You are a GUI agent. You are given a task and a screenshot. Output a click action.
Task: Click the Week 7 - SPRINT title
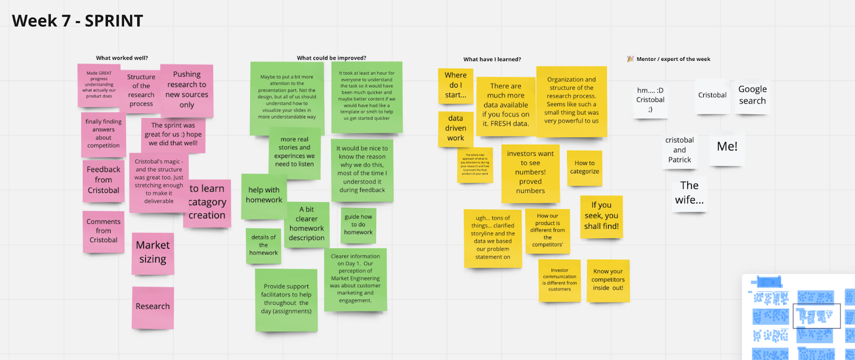[77, 21]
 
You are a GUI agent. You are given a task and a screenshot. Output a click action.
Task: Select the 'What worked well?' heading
[122, 58]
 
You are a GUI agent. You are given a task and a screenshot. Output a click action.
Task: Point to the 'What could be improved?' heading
[331, 58]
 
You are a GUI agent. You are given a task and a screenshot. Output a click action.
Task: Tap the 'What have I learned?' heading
[492, 59]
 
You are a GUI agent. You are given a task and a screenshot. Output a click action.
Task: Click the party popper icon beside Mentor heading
[630, 59]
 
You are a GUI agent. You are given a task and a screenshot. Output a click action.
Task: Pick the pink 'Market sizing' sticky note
[153, 253]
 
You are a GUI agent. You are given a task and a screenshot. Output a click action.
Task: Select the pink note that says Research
[153, 307]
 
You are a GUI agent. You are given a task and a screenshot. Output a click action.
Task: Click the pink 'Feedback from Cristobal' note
[103, 180]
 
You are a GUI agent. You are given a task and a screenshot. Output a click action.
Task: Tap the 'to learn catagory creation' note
[207, 203]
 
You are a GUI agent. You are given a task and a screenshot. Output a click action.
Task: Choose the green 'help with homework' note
[263, 195]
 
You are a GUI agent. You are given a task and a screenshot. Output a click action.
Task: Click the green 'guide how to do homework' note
[358, 225]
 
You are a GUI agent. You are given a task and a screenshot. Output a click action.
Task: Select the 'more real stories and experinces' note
[294, 152]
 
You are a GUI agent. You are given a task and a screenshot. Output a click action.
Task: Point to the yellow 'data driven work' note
[455, 128]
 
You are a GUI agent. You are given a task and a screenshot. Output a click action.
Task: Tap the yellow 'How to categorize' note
[585, 168]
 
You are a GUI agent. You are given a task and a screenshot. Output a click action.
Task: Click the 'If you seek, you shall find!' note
[601, 216]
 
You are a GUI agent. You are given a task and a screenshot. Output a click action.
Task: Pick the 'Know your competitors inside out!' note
[608, 280]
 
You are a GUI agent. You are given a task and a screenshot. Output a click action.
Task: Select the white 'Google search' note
[752, 95]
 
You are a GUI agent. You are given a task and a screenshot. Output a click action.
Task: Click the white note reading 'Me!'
[727, 146]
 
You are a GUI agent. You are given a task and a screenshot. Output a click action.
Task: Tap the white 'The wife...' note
[689, 193]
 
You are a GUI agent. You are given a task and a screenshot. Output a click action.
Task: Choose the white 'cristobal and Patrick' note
[679, 150]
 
